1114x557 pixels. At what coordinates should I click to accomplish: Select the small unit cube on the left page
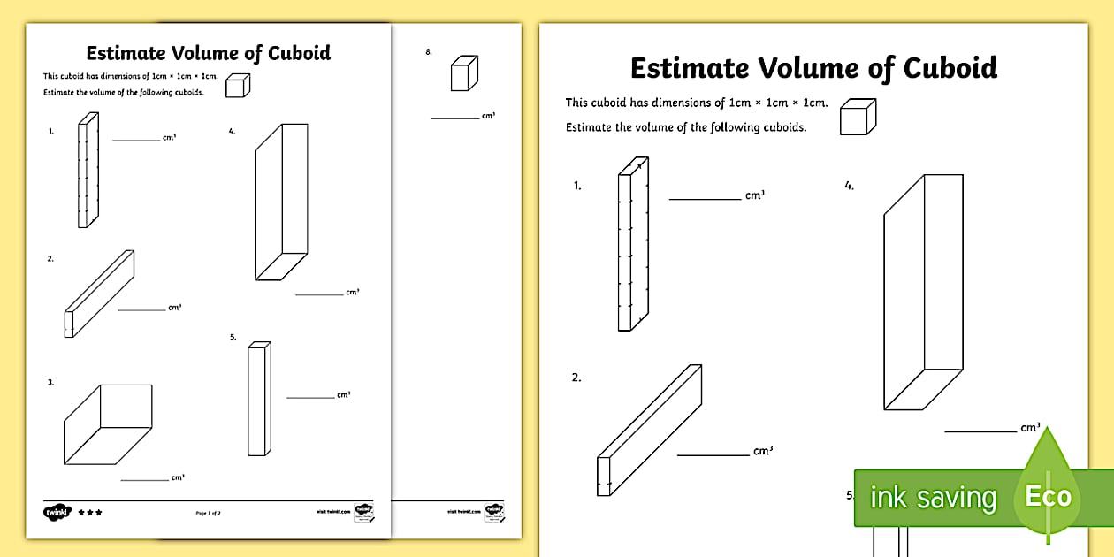pos(237,85)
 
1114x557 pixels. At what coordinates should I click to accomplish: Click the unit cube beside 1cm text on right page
pos(858,117)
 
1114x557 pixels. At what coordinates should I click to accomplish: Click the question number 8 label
pos(429,52)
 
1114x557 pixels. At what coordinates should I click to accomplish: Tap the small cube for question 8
pos(464,73)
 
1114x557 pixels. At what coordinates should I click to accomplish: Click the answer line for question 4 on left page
pos(319,294)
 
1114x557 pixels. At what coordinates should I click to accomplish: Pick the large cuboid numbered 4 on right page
pos(922,292)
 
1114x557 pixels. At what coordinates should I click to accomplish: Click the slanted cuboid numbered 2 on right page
pos(649,431)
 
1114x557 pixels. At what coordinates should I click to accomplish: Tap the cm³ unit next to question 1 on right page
pos(754,195)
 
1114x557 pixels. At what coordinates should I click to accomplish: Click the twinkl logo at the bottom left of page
pos(56,511)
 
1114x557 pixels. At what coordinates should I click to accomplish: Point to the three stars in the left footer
pos(90,512)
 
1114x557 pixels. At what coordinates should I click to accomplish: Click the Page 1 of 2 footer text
pos(207,512)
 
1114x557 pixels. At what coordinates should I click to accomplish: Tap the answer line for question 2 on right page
pos(713,455)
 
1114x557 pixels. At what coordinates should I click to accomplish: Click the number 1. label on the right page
pos(577,187)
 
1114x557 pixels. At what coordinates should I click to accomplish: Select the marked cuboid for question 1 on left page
pos(88,171)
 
